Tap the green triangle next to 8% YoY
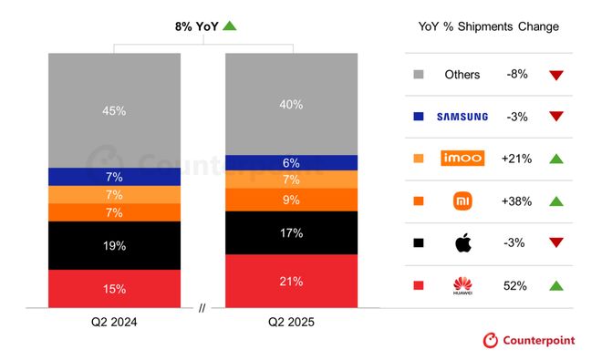point(230,26)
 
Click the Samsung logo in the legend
point(462,117)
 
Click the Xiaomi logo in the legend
point(462,201)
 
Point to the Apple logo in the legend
point(462,242)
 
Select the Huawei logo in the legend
point(462,285)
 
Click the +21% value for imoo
point(517,159)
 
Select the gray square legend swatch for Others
point(419,75)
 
